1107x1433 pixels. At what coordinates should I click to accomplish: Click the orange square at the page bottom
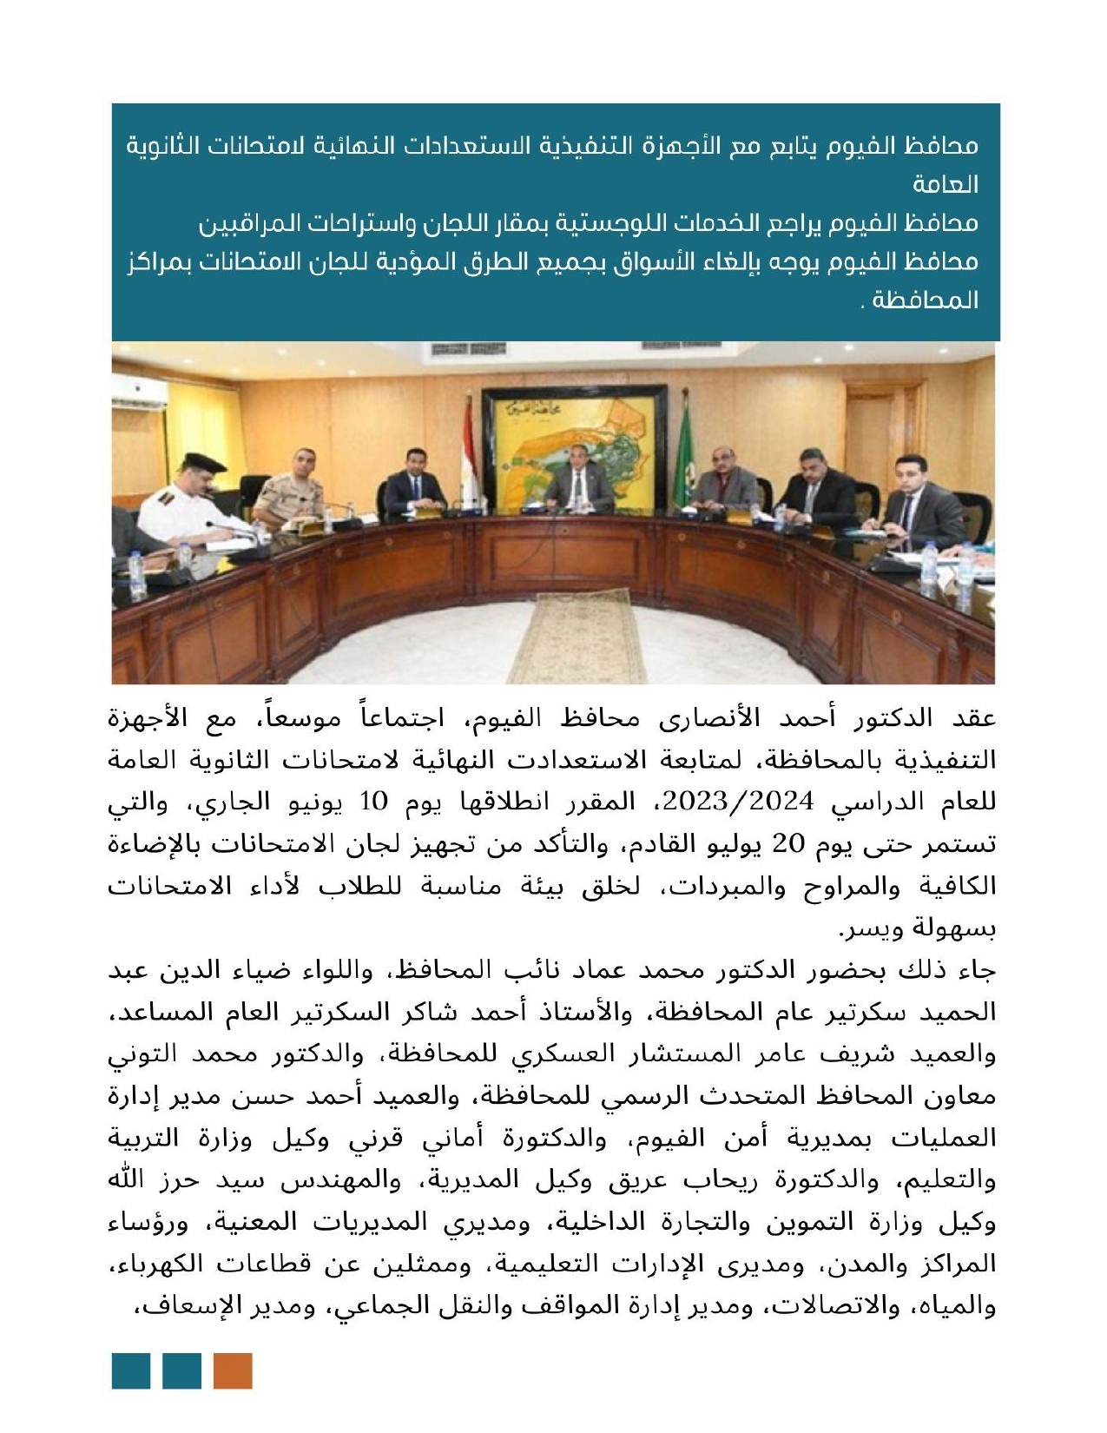click(233, 1370)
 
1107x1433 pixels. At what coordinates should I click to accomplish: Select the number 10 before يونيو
click(374, 802)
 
